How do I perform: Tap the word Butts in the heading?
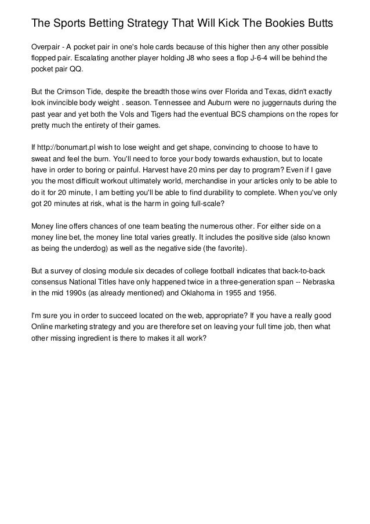(319, 24)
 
